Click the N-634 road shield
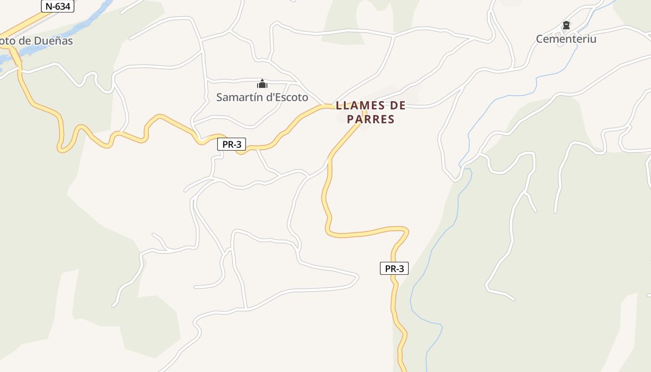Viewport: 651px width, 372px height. (x=58, y=7)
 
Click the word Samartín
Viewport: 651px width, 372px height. (x=240, y=98)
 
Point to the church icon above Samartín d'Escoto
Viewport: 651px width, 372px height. (x=262, y=84)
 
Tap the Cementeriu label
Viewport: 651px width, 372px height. (x=566, y=39)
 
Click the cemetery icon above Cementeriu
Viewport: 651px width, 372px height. (x=566, y=25)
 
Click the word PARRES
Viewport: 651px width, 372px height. (x=371, y=120)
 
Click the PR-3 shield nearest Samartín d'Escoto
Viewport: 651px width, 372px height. (x=232, y=144)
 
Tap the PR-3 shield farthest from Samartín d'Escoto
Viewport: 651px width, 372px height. (x=394, y=268)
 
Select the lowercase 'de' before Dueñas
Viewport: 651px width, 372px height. (x=26, y=41)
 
